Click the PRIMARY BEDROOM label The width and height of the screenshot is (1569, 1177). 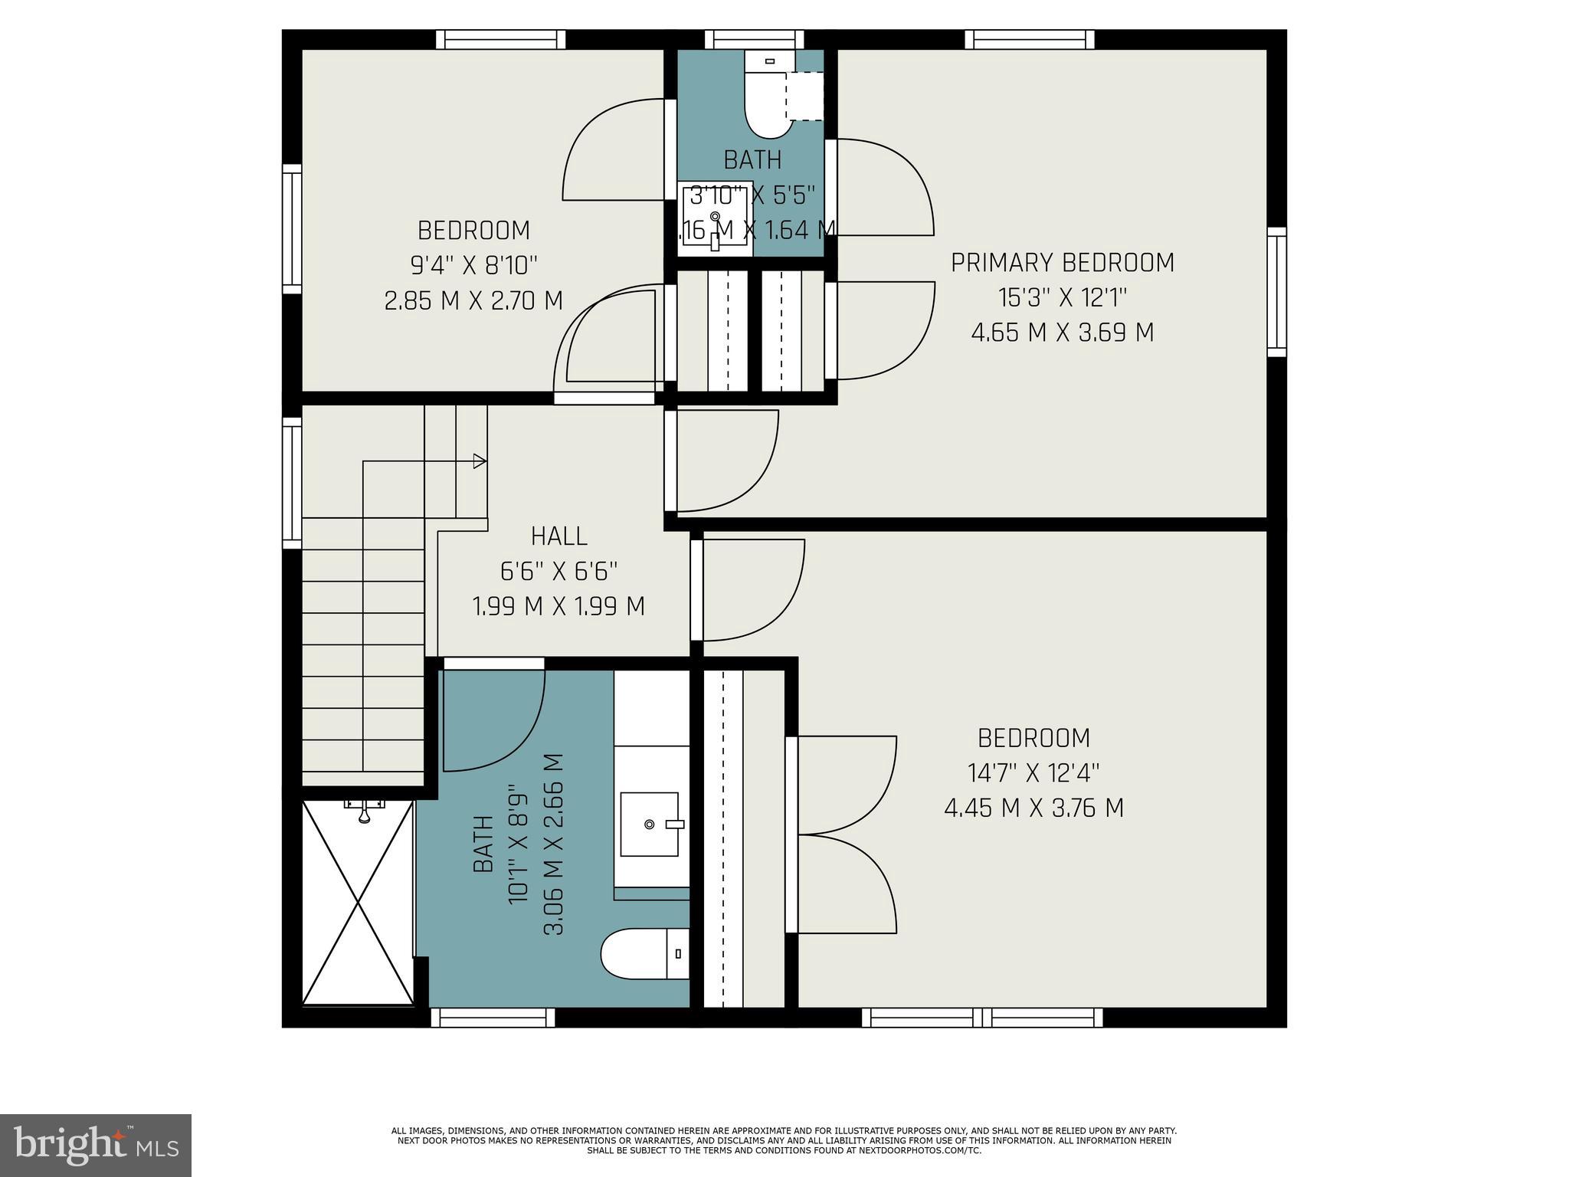pyautogui.click(x=1062, y=263)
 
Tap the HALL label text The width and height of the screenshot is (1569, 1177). pyautogui.click(x=559, y=536)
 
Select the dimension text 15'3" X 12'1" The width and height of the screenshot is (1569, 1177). pyautogui.click(x=1062, y=297)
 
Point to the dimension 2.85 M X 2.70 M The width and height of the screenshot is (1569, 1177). pyautogui.click(x=473, y=300)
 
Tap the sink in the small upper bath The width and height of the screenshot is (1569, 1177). pyautogui.click(x=716, y=217)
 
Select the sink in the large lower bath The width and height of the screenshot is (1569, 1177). pyautogui.click(x=650, y=825)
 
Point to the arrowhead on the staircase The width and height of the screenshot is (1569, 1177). pyautogui.click(x=480, y=461)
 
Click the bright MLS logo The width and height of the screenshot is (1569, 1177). pyautogui.click(x=95, y=1145)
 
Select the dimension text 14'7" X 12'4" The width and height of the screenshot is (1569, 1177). pyautogui.click(x=1033, y=773)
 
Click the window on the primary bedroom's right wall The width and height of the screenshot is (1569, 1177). pyautogui.click(x=1276, y=292)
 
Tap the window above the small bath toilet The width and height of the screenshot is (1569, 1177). pyautogui.click(x=754, y=39)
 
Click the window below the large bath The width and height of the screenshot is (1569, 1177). pyautogui.click(x=493, y=1017)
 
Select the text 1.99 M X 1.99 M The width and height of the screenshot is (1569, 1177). pyautogui.click(x=559, y=607)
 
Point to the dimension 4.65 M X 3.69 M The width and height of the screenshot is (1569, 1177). pyautogui.click(x=1062, y=333)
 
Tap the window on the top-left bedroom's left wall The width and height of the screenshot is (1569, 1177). pyautogui.click(x=292, y=228)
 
